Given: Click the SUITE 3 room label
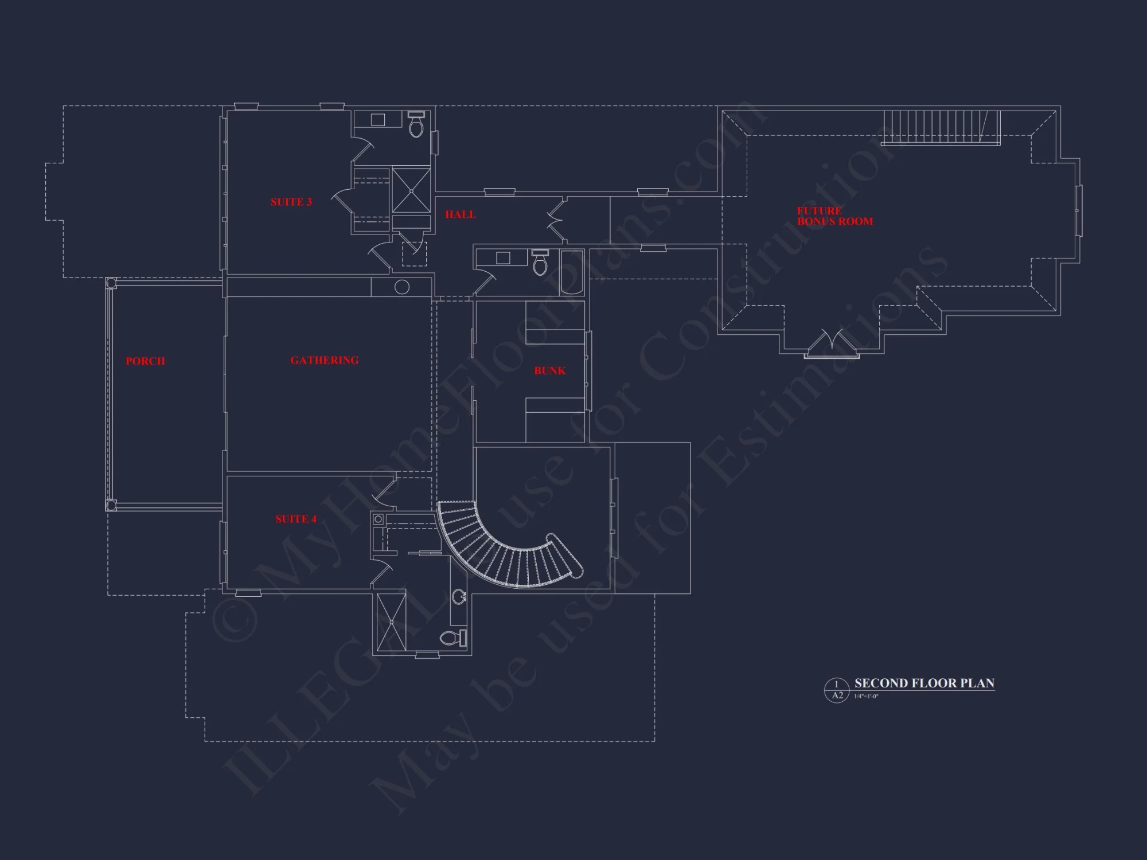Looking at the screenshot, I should (291, 202).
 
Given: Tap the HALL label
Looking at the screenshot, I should (461, 214).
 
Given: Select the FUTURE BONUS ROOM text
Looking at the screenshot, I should (834, 216).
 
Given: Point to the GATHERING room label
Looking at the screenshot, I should (325, 360).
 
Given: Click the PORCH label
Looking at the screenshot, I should (146, 361).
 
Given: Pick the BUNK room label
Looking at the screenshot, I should (550, 371).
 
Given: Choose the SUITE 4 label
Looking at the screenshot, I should (296, 519).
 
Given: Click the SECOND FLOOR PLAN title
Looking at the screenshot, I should (924, 683).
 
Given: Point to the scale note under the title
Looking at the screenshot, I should (866, 697).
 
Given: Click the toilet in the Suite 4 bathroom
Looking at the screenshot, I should (454, 638).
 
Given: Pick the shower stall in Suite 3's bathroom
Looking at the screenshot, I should (411, 190).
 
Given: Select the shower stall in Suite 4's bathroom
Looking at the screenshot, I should (391, 622).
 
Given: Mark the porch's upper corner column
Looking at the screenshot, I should (111, 283).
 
